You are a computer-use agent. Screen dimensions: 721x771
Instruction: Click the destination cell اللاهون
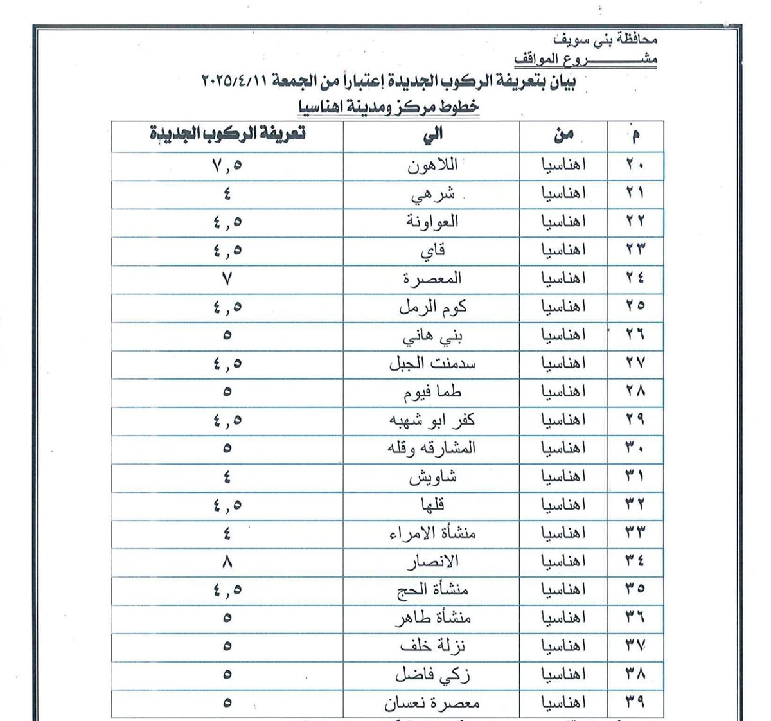[432, 165]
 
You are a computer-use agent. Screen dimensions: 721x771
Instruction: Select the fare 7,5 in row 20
[227, 165]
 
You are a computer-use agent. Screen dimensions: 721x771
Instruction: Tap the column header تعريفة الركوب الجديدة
[227, 134]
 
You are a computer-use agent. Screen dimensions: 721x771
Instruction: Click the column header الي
[432, 134]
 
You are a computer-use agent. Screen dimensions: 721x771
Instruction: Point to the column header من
[563, 135]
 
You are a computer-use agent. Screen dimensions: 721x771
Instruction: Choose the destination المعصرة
[432, 278]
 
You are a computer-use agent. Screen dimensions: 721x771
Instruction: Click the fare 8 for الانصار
[227, 562]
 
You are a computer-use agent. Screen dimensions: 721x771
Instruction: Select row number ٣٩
[635, 702]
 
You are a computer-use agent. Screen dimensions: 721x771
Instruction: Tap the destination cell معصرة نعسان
[432, 704]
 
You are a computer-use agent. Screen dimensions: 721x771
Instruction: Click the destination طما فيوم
[432, 391]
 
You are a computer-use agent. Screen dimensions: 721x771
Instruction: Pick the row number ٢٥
[635, 307]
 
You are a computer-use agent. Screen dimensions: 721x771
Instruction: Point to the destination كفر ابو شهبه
[432, 420]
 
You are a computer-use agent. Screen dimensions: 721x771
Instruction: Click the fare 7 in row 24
[227, 278]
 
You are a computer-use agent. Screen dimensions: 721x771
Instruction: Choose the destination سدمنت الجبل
[432, 363]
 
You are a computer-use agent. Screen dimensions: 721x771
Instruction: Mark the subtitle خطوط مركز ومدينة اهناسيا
[389, 105]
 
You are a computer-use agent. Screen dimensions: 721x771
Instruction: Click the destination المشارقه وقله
[432, 448]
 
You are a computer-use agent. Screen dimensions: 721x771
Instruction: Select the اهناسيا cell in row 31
[563, 477]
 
